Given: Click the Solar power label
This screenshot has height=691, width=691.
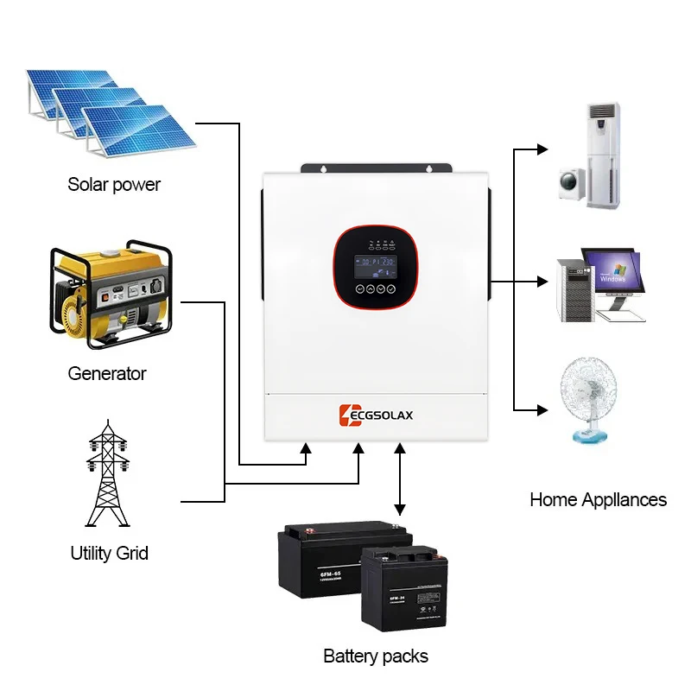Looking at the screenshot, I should click(x=114, y=185).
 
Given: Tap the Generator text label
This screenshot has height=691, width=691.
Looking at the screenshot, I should click(x=107, y=374).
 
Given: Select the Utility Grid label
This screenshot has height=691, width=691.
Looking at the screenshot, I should click(x=109, y=553).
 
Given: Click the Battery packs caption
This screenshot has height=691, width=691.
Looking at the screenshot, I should click(x=376, y=656).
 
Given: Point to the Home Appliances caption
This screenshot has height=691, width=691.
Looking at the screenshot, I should click(x=598, y=500).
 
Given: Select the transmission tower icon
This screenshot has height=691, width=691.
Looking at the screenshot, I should click(x=107, y=474).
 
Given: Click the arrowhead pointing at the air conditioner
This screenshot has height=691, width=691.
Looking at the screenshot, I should click(x=542, y=149).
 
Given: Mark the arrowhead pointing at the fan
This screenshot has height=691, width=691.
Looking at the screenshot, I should click(x=542, y=409).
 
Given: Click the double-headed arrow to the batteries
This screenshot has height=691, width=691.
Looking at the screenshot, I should click(x=399, y=479).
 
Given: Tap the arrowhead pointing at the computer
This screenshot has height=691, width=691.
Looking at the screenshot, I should click(x=542, y=282).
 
